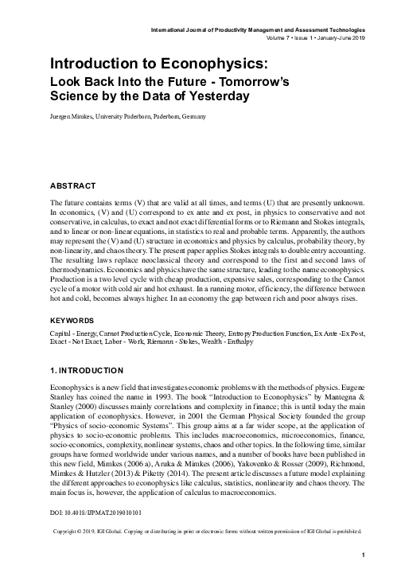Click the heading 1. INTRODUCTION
[87, 371]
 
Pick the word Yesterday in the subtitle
[215, 97]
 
